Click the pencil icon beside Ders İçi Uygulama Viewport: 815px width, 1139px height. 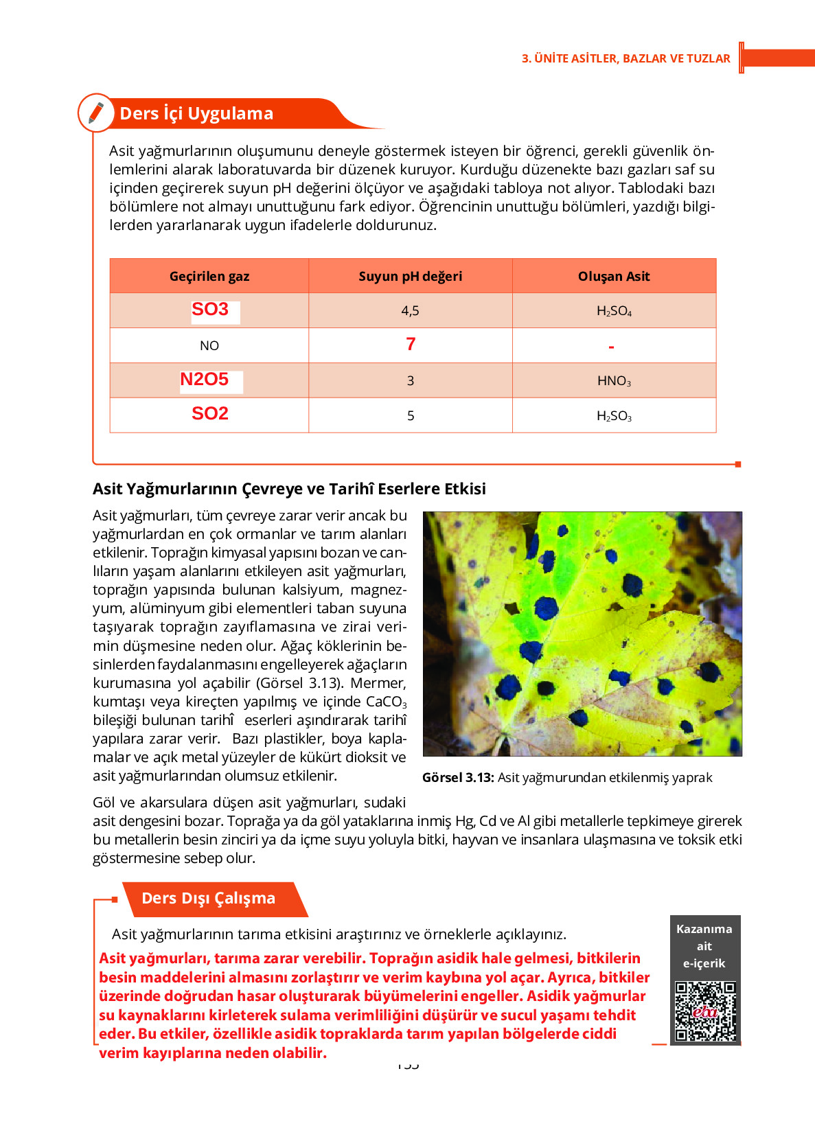pos(96,113)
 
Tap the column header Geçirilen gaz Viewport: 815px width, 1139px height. pos(209,276)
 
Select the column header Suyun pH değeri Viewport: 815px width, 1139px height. pos(410,276)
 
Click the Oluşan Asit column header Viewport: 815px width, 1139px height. pos(614,276)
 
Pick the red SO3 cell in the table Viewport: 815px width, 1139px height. pos(210,310)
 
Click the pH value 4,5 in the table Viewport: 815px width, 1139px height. pos(410,311)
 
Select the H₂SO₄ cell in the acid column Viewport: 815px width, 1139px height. pos(614,311)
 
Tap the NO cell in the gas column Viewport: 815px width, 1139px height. pos(209,346)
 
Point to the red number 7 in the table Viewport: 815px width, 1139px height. pos(411,344)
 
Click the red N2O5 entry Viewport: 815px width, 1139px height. pos(204,380)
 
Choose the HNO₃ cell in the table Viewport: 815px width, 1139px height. pos(614,381)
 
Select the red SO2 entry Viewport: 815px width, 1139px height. pos(210,414)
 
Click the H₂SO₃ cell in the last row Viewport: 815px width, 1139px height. pos(614,416)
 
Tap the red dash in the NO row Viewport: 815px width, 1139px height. pos(611,347)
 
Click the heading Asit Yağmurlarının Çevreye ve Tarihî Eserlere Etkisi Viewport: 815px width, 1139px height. pos(289,489)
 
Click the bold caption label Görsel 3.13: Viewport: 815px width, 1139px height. pos(458,778)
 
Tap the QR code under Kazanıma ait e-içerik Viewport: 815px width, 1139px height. pos(705,1011)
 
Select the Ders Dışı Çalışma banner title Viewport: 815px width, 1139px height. pos(208,899)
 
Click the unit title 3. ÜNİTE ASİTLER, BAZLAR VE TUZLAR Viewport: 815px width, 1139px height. pos(625,58)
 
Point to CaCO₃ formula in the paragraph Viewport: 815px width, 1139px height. pos(386,702)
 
